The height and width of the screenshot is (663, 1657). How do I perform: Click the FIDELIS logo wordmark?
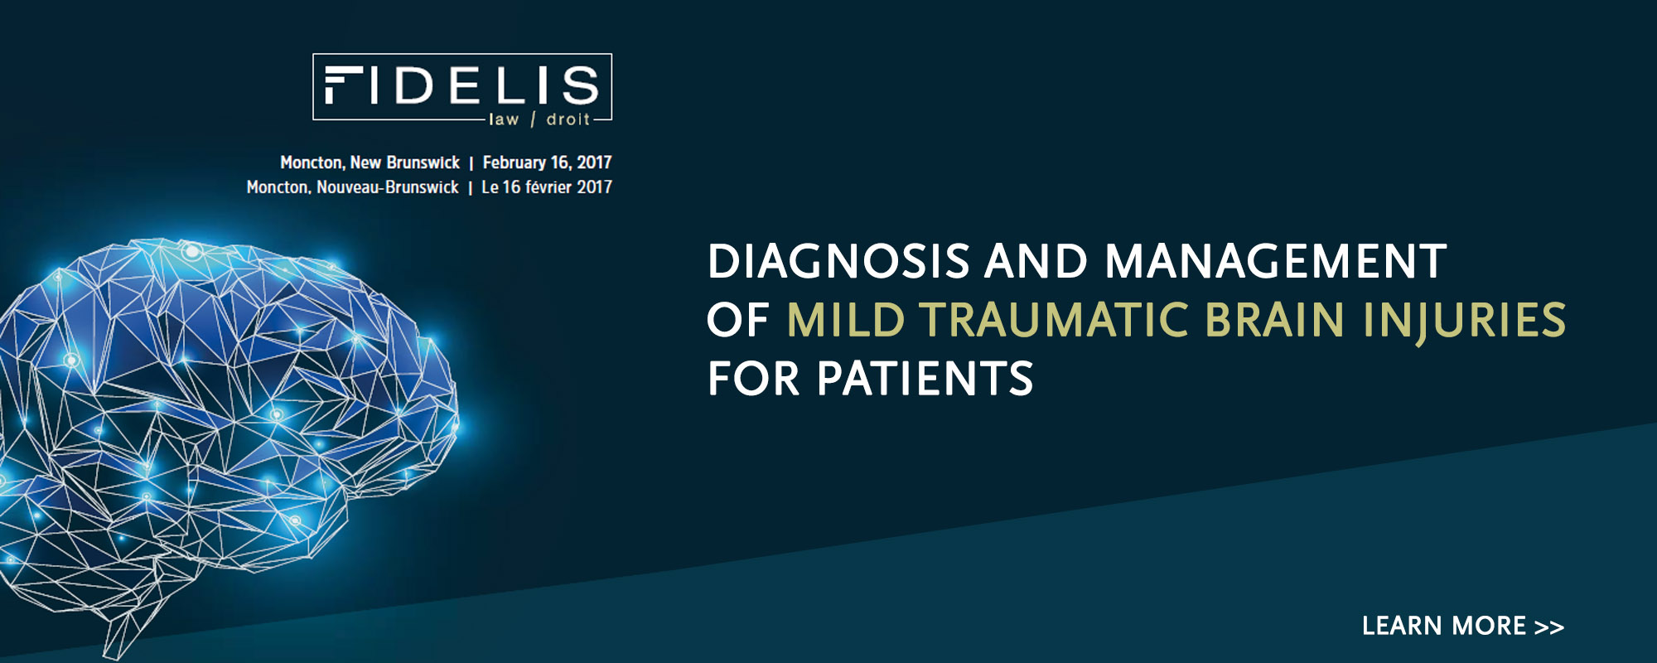tap(461, 85)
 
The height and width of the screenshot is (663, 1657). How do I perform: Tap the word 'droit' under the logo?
tap(568, 119)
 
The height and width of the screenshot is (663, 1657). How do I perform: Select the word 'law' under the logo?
tap(504, 119)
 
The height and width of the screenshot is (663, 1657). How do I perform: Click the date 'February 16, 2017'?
tap(548, 162)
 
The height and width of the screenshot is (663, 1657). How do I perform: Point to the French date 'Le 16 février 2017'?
tap(547, 187)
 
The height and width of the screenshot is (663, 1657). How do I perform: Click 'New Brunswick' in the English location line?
tap(405, 162)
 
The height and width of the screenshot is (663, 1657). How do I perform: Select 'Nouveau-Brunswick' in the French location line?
tap(388, 187)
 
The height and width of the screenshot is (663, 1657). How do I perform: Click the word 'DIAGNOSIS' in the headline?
tap(838, 261)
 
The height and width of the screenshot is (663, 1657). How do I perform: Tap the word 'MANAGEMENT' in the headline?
tap(1276, 261)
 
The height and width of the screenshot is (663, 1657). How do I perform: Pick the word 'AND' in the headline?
tap(1036, 261)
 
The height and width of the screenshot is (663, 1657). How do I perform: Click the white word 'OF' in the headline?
tap(738, 320)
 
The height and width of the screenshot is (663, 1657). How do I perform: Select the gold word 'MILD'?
tap(845, 320)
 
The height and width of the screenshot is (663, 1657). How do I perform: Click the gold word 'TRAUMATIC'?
tap(1055, 320)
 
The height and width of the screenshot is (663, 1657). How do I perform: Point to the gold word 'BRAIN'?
tap(1275, 320)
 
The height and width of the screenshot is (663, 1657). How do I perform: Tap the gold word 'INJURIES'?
tap(1464, 322)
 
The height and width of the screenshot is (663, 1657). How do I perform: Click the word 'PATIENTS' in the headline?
tap(925, 379)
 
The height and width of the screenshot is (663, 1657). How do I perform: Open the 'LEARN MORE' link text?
tap(1444, 626)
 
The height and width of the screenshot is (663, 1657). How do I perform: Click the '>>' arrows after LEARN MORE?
tap(1549, 627)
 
